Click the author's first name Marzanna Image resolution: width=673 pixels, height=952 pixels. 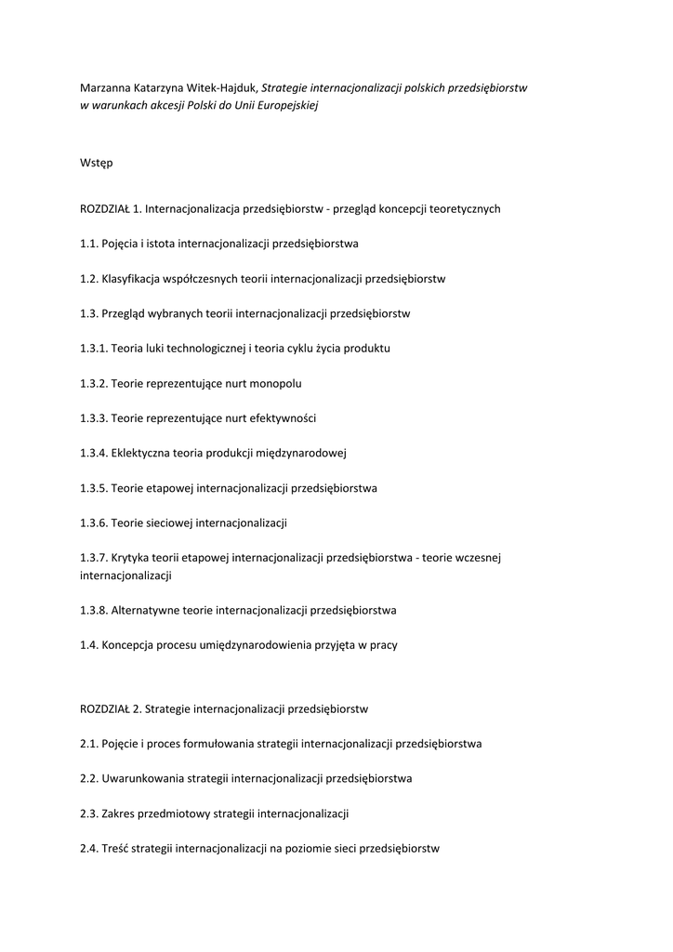pyautogui.click(x=107, y=88)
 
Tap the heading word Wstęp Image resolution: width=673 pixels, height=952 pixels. pyautogui.click(x=97, y=163)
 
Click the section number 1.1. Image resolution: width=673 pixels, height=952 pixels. pyautogui.click(x=89, y=244)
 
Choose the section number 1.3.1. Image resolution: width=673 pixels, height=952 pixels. pyautogui.click(x=94, y=349)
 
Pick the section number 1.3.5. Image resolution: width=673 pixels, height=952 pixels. pyautogui.click(x=94, y=487)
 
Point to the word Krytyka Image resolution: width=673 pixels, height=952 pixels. pyautogui.click(x=131, y=558)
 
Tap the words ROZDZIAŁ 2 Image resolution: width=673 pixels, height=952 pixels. pyautogui.click(x=110, y=708)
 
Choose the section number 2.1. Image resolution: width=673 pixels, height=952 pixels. pyautogui.click(x=89, y=744)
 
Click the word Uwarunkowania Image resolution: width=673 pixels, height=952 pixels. pyautogui.click(x=144, y=778)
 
